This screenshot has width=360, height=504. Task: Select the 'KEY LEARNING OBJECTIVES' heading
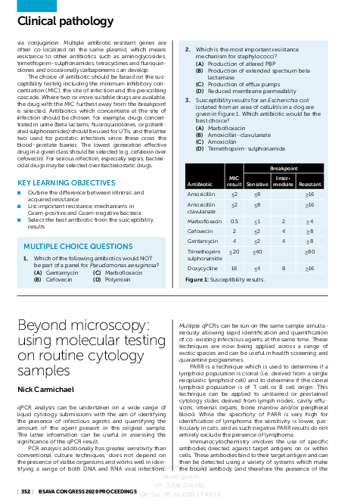pos(67,183)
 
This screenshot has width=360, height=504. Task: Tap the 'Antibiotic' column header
pos(200,184)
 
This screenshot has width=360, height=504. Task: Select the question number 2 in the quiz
pos(188,50)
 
